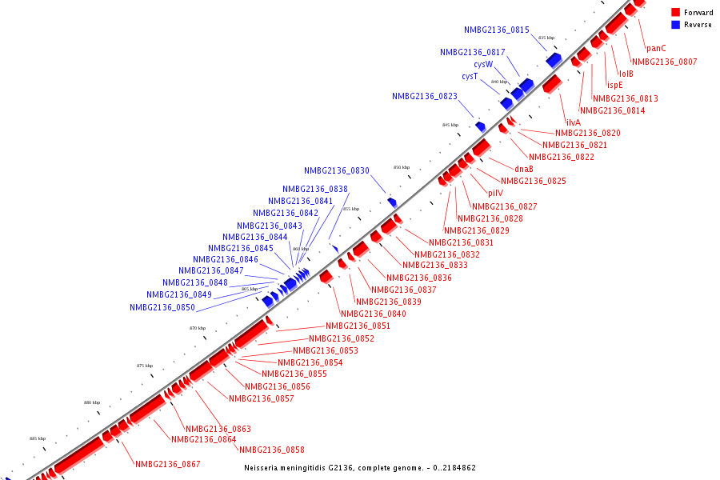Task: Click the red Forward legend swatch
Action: point(676,12)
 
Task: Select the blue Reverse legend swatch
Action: point(676,24)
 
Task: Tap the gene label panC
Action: point(656,48)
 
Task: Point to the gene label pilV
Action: point(495,193)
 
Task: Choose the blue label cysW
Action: point(483,64)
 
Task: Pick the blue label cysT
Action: point(470,76)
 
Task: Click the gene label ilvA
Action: point(573,122)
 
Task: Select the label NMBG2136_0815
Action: point(496,30)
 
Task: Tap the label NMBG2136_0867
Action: point(167,464)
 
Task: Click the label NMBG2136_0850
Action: point(162,307)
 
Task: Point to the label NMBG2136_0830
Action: point(336,170)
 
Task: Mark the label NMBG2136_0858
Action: point(271,450)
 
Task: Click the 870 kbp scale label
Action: point(198,328)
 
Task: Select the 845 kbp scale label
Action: point(450,125)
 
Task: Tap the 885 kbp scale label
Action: point(38,438)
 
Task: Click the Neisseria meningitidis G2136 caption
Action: point(359,467)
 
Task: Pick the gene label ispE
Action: point(614,85)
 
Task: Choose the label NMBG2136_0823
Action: point(424,96)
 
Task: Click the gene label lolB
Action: point(626,74)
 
